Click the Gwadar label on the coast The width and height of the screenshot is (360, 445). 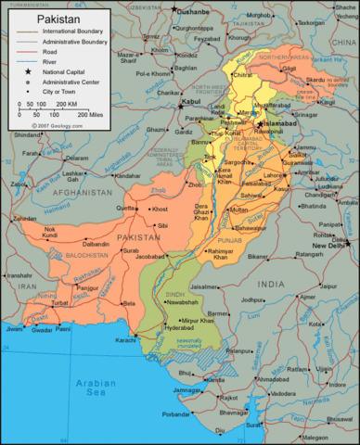coord(39,329)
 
